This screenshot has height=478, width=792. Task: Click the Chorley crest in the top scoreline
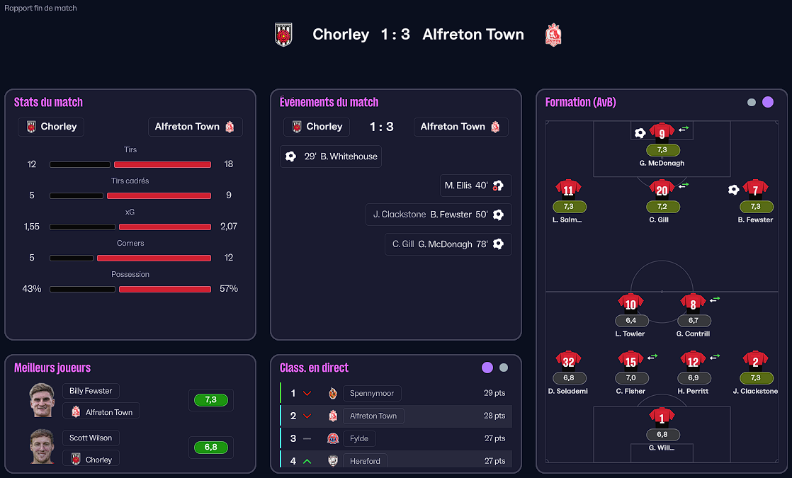(283, 34)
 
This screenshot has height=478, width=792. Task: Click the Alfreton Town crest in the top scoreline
(553, 34)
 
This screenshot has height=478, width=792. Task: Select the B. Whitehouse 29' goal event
(331, 157)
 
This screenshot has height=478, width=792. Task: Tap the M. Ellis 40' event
(475, 186)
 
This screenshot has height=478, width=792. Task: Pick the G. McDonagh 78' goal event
(448, 244)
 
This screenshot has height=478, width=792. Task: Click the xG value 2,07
(229, 227)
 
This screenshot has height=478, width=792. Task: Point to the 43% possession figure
(32, 289)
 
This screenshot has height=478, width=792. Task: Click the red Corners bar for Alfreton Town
(165, 258)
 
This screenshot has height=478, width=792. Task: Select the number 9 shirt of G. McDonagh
(662, 132)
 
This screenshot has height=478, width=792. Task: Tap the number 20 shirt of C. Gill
(662, 189)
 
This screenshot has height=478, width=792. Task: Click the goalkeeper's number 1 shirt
(662, 416)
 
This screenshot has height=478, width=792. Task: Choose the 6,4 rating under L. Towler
(630, 321)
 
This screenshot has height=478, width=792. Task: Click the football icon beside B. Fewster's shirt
(733, 189)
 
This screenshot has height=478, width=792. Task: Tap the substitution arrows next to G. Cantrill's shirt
(715, 299)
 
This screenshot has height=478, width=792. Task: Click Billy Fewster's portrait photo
(42, 400)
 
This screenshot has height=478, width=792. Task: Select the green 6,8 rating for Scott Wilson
(210, 448)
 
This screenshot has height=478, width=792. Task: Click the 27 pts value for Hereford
(494, 461)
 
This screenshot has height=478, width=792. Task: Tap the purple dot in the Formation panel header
(768, 102)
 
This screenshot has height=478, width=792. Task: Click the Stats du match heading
(48, 102)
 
